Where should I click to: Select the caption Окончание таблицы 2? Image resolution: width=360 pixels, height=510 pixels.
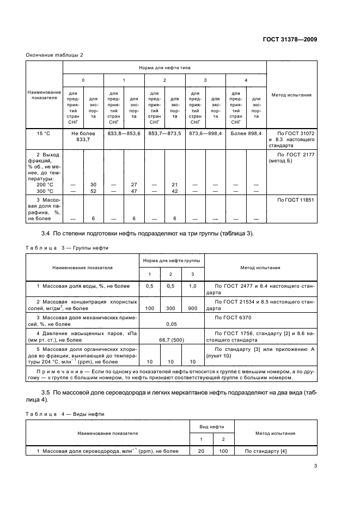pyautogui.click(x=55, y=54)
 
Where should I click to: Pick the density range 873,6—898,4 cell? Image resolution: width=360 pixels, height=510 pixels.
pyautogui.click(x=205, y=133)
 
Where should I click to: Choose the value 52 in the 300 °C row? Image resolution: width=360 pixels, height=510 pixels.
pyautogui.click(x=93, y=191)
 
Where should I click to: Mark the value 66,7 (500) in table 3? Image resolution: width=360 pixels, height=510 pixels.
pyautogui.click(x=170, y=339)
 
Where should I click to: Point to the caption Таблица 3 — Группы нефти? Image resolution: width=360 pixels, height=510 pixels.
pyautogui.click(x=68, y=247)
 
